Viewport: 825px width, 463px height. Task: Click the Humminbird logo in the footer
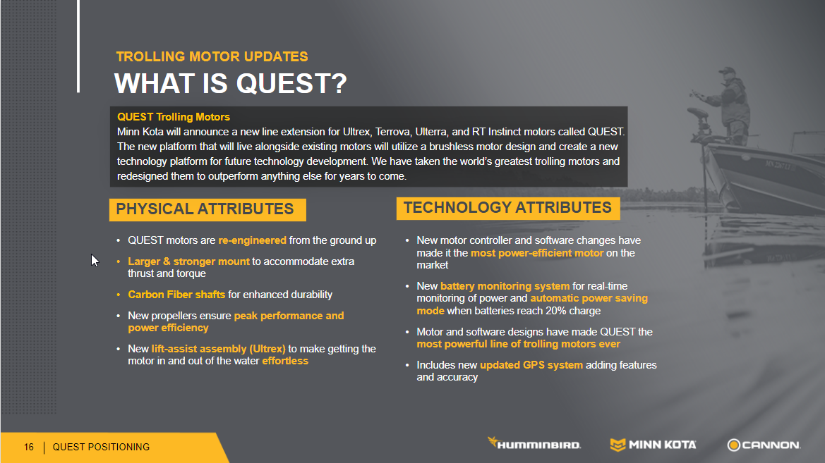pyautogui.click(x=534, y=443)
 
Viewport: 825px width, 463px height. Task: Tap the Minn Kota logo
pyautogui.click(x=653, y=445)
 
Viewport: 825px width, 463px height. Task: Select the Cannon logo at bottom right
pyautogui.click(x=764, y=445)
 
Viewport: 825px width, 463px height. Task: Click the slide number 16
pyautogui.click(x=28, y=447)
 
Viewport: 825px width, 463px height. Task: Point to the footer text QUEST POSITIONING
pyautogui.click(x=101, y=447)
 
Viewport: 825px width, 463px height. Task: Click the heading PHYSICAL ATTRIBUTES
pyautogui.click(x=205, y=209)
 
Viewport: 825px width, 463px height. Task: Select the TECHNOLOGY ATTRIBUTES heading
pyautogui.click(x=507, y=208)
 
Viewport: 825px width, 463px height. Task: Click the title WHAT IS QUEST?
pyautogui.click(x=231, y=83)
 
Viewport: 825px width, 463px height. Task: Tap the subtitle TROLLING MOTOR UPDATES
pyautogui.click(x=212, y=57)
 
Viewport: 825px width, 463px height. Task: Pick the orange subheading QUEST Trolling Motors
pyautogui.click(x=174, y=117)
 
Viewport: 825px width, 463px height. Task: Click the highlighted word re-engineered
pyautogui.click(x=252, y=241)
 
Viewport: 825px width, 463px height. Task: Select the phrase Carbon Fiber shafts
pyautogui.click(x=176, y=295)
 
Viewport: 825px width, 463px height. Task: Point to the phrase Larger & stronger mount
pyautogui.click(x=188, y=261)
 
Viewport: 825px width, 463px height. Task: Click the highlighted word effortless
pyautogui.click(x=285, y=361)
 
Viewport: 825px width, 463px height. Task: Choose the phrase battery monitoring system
pyautogui.click(x=505, y=286)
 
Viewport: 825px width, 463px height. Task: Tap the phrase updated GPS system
pyautogui.click(x=531, y=365)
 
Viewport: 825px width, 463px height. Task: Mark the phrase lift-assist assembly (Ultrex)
pyautogui.click(x=218, y=349)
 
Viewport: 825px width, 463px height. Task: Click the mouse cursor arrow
pyautogui.click(x=95, y=261)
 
